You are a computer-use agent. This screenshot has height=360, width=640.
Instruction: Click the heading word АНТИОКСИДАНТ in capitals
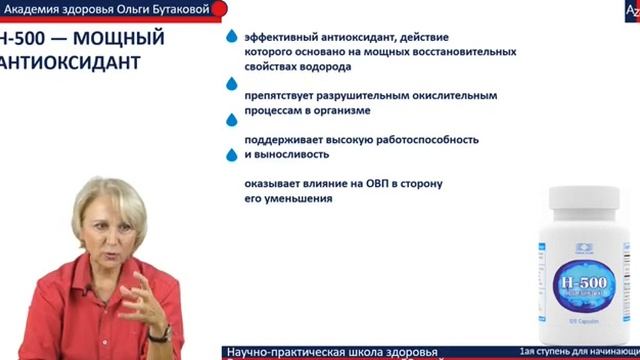click(69, 63)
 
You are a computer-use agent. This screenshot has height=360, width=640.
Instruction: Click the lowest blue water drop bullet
click(232, 156)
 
